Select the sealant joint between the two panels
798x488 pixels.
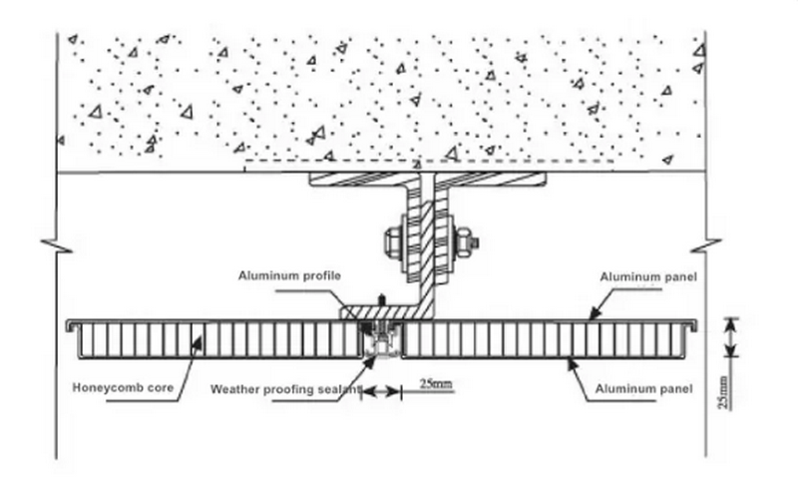coord(379,344)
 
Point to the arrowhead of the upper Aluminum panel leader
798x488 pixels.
coord(590,317)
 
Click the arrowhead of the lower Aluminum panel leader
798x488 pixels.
coord(571,361)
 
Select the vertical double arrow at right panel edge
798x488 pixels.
coord(731,337)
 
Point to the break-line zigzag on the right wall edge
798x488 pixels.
coord(708,243)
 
